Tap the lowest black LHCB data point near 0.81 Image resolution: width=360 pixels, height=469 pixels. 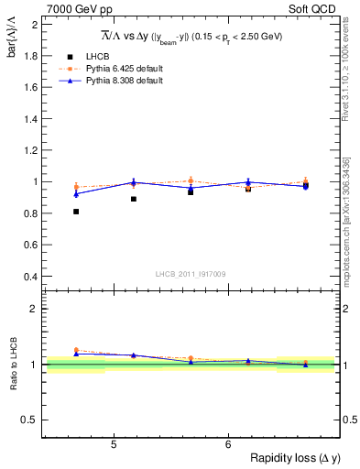(76, 212)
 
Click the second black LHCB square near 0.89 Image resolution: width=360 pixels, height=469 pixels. (134, 199)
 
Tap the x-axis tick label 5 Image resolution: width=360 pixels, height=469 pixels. (113, 444)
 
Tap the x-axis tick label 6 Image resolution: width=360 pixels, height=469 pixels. (228, 444)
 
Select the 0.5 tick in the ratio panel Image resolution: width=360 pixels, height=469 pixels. (30, 420)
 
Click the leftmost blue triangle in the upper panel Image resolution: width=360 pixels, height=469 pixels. (76, 194)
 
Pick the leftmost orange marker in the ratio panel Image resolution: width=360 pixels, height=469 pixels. (76, 350)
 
